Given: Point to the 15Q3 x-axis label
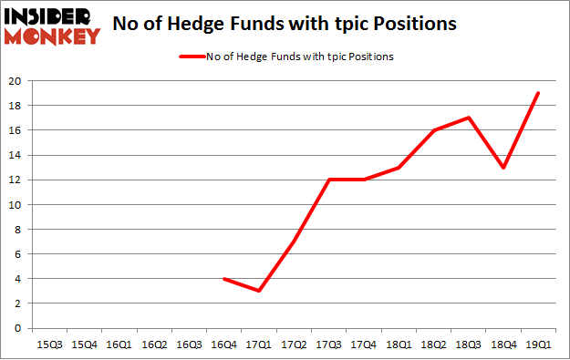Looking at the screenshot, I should (x=48, y=345).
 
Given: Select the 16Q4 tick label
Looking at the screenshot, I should (x=223, y=345).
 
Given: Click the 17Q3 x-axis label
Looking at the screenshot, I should (x=328, y=345).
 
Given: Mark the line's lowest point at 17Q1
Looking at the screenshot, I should (x=259, y=291).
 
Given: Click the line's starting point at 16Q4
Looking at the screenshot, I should (x=224, y=279).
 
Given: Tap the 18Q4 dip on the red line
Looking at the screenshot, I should (x=503, y=168).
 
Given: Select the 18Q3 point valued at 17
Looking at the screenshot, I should (x=469, y=118).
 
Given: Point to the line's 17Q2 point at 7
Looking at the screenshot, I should (x=294, y=242).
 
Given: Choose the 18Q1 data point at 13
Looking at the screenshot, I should (x=399, y=168).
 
